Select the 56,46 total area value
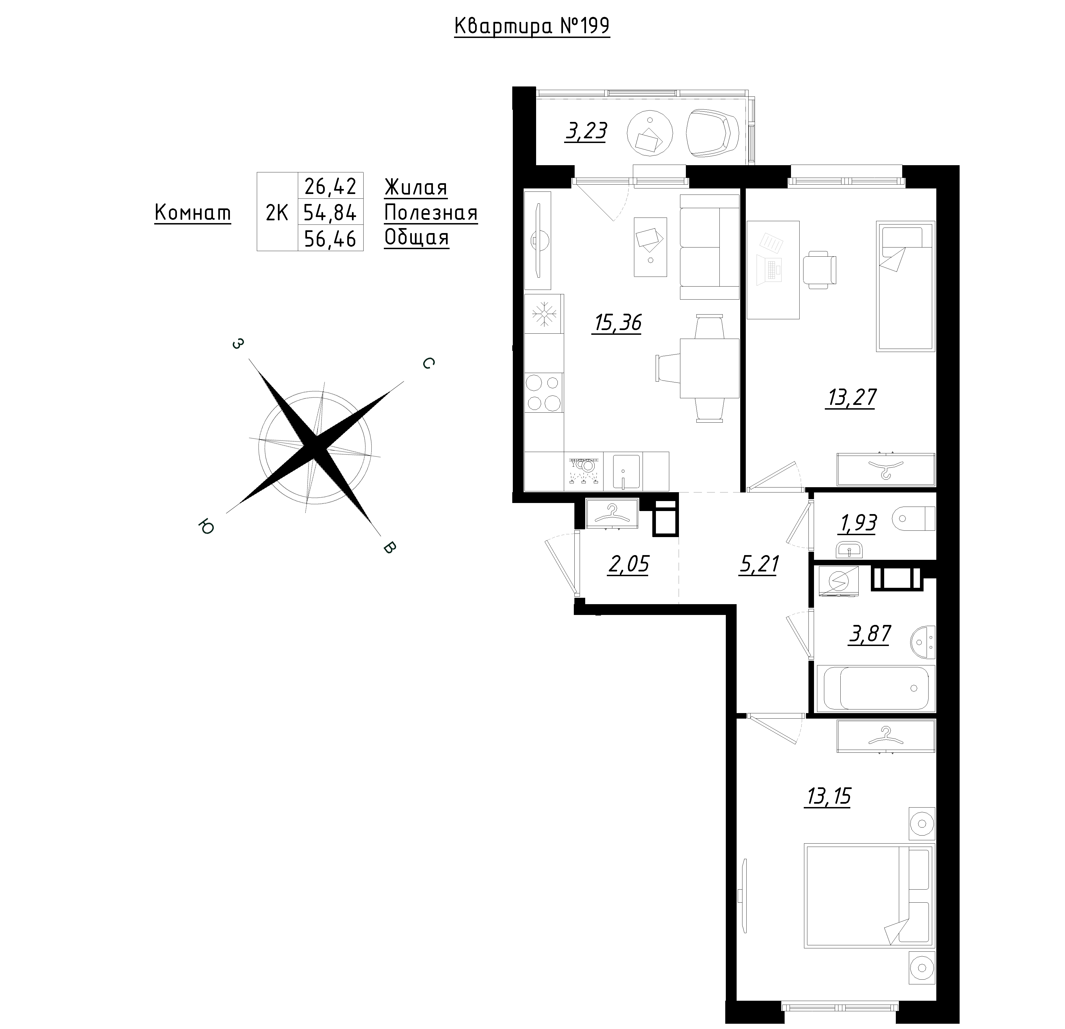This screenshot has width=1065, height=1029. tap(330, 238)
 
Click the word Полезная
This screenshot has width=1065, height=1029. tap(431, 213)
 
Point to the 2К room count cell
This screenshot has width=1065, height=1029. tap(277, 213)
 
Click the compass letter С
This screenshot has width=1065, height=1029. tap(428, 363)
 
